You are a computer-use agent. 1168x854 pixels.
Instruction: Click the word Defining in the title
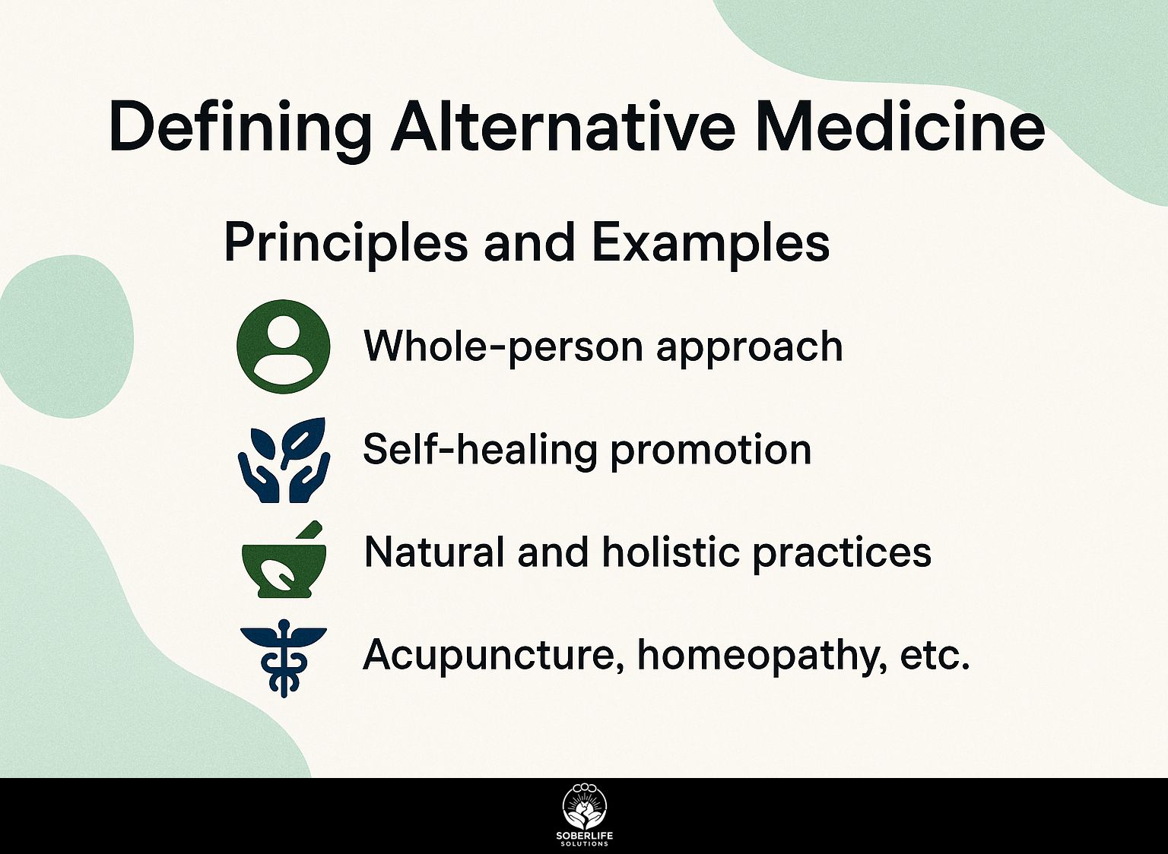click(x=240, y=127)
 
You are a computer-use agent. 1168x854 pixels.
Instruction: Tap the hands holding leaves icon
click(x=284, y=460)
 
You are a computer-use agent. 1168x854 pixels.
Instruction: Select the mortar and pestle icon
click(x=284, y=560)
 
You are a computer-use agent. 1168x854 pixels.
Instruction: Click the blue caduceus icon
click(x=283, y=659)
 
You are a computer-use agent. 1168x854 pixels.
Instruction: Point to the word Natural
click(x=434, y=552)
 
